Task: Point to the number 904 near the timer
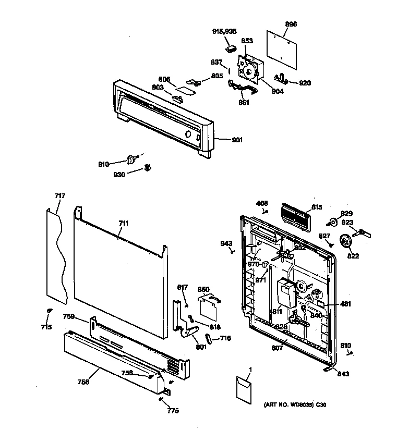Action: pos(277,92)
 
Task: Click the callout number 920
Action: pos(305,83)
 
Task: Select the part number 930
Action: pos(119,175)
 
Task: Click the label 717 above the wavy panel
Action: pos(60,196)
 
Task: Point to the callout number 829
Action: pos(347,213)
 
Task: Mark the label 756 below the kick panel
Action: pos(83,382)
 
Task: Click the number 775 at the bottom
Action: pos(172,411)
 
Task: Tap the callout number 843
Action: pos(343,374)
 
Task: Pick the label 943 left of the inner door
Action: pos(226,243)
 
